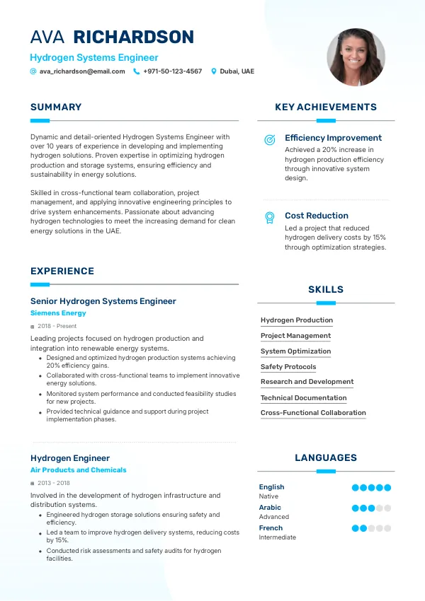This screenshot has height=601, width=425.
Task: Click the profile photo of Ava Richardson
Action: pyautogui.click(x=356, y=57)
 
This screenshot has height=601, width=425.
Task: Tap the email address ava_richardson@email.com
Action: pyautogui.click(x=81, y=71)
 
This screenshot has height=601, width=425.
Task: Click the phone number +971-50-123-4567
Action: pyautogui.click(x=172, y=71)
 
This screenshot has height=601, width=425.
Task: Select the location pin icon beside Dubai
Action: pyautogui.click(x=214, y=71)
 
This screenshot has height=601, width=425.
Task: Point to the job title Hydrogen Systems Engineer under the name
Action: pyautogui.click(x=94, y=58)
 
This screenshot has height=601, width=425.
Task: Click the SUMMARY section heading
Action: pyautogui.click(x=56, y=107)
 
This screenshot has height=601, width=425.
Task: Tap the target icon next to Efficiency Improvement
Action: pyautogui.click(x=270, y=140)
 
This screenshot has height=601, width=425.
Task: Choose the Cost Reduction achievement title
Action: pyautogui.click(x=317, y=216)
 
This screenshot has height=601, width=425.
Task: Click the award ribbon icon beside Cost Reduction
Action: pyautogui.click(x=270, y=218)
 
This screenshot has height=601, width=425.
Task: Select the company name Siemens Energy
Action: pyautogui.click(x=58, y=313)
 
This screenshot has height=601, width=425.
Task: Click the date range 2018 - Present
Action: pyautogui.click(x=57, y=326)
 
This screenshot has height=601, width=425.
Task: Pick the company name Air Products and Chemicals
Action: pyautogui.click(x=78, y=470)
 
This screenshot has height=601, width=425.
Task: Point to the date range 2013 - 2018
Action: pyautogui.click(x=53, y=483)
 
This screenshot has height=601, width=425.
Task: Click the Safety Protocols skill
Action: pyautogui.click(x=288, y=367)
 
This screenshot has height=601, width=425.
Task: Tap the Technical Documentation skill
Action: pyautogui.click(x=303, y=398)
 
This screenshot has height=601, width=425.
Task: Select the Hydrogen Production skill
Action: pyautogui.click(x=296, y=320)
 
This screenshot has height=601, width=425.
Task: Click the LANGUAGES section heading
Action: pyautogui.click(x=326, y=458)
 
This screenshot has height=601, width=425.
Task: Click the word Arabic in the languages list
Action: pyautogui.click(x=270, y=508)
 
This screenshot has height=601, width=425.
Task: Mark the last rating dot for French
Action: pyautogui.click(x=387, y=528)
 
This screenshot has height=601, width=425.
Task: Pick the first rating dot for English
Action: pyautogui.click(x=356, y=488)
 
